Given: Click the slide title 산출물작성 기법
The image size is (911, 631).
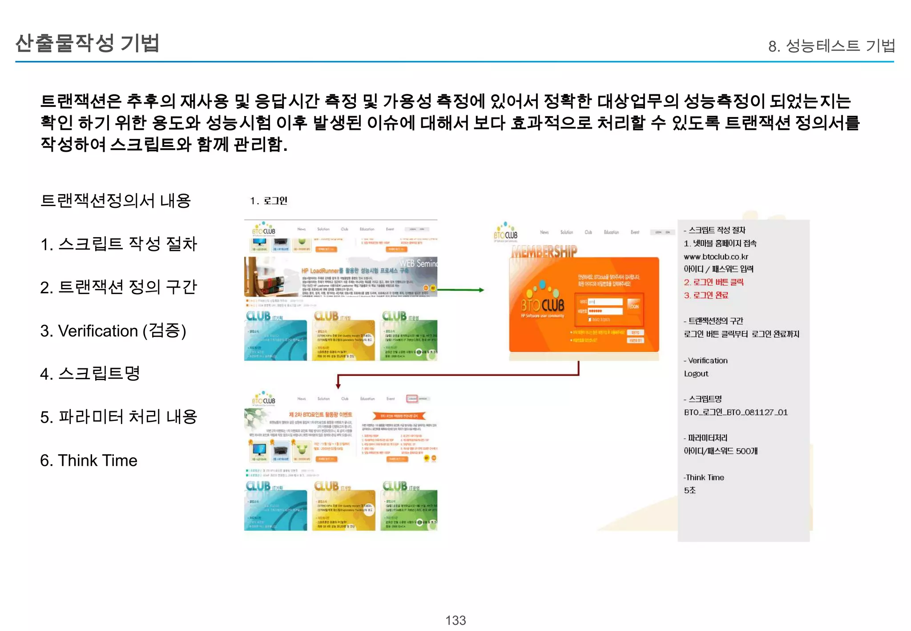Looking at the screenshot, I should pos(87,43).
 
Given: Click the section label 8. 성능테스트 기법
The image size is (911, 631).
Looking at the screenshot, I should pos(831,46).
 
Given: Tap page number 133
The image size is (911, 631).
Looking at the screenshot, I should pos(455,620).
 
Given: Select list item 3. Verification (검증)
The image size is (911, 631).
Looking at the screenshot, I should pos(113,331).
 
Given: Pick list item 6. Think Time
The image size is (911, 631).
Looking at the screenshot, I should pos(89,460).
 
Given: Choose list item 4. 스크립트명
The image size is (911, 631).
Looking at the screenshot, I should pos(90,373).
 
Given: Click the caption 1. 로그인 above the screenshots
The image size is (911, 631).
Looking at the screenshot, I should pos(269,201).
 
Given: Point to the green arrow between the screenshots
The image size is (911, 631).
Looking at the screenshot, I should pos(460,290).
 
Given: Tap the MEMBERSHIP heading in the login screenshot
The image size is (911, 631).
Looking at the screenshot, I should pos(544,251).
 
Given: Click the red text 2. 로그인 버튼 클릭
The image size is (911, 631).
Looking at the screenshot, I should pos(713,282).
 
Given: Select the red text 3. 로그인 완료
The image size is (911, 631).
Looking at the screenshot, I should pos(706,295).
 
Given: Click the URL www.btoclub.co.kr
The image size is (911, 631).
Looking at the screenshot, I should pos(716,257).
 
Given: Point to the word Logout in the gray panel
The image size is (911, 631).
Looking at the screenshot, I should pos(696,374).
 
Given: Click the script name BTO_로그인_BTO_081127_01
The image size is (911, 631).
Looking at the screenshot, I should pos(736,413).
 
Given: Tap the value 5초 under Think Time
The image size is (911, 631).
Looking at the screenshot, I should pos(689,490).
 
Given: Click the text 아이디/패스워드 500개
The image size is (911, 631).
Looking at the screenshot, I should pos(721,451).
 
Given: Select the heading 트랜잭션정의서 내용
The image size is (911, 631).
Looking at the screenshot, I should pos(116,201).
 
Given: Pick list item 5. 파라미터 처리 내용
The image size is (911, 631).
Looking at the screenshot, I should pos(118,417).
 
